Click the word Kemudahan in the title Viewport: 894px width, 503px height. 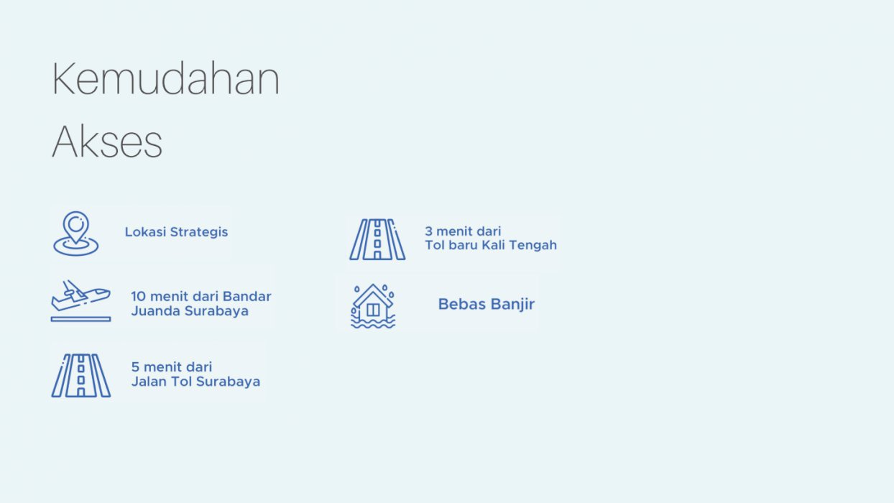point(165,78)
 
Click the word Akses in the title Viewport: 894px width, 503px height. point(107,142)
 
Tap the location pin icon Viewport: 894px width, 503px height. point(76,234)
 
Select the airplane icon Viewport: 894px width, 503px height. point(80,300)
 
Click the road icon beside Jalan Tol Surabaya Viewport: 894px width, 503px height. point(81,375)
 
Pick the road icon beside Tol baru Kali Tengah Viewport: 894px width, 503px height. point(377,239)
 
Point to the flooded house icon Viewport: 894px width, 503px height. point(373,306)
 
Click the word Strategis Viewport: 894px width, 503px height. point(199,232)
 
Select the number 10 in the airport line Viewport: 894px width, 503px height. point(138,296)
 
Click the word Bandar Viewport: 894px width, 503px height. point(246,296)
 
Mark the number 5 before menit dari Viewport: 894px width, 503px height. point(135,367)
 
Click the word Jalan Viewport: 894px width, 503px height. point(149,382)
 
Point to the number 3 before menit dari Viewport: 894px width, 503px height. point(428,231)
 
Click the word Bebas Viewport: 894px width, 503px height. point(462,304)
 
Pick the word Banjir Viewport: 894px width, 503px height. point(512,305)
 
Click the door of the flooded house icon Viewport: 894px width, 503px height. point(373,310)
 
